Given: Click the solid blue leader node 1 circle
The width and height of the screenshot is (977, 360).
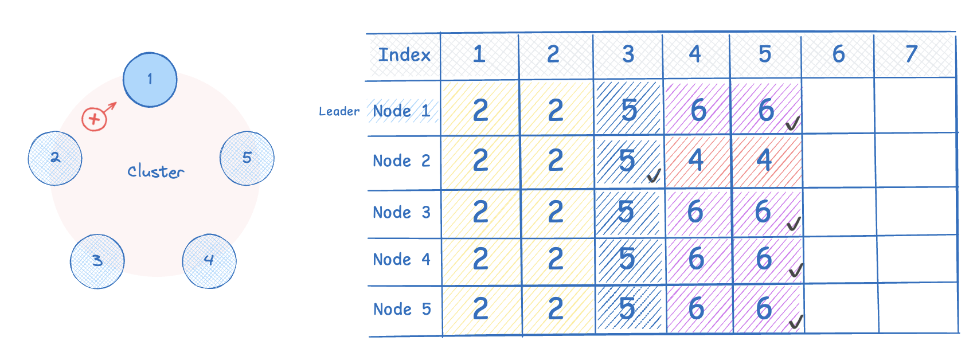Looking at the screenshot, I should tap(150, 80).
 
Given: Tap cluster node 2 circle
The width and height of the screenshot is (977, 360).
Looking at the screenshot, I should tap(55, 158).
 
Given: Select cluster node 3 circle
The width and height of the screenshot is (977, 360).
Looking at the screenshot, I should tap(97, 261).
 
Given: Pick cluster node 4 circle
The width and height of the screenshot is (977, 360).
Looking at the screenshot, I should tap(209, 261).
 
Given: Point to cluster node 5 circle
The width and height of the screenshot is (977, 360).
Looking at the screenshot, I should tap(247, 158).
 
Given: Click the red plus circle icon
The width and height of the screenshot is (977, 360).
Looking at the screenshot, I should tap(95, 119).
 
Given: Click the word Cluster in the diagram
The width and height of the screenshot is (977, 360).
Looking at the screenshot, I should tap(156, 171).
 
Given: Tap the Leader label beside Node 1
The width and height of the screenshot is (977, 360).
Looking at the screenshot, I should tap(339, 112).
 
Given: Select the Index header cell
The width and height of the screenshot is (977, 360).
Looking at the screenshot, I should tap(404, 56).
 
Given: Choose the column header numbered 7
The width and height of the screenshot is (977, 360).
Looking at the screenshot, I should tap(912, 54).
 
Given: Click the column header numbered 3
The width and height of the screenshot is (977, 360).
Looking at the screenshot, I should tap(628, 55).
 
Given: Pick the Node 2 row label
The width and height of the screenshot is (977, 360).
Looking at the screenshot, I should tap(401, 161).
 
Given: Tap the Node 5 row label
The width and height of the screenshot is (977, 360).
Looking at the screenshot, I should tap(402, 310).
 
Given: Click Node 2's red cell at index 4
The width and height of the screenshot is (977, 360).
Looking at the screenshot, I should tap(697, 161).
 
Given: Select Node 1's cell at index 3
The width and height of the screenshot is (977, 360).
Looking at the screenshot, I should tap(629, 109).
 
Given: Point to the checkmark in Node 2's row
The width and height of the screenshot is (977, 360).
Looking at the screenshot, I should tap(654, 176).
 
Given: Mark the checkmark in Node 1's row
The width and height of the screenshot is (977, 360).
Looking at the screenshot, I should tap(793, 123).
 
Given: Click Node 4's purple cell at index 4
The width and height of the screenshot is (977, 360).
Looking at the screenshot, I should tap(697, 260).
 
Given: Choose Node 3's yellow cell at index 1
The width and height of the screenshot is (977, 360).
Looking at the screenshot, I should tap(480, 213).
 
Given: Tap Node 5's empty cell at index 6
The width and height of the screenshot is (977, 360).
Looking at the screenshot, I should tap(841, 308).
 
